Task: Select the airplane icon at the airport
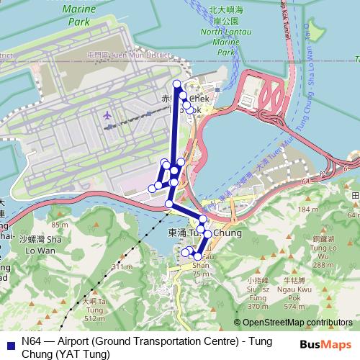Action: click(108, 115)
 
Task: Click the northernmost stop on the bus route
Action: click(177, 85)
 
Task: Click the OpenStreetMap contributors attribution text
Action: click(297, 323)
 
